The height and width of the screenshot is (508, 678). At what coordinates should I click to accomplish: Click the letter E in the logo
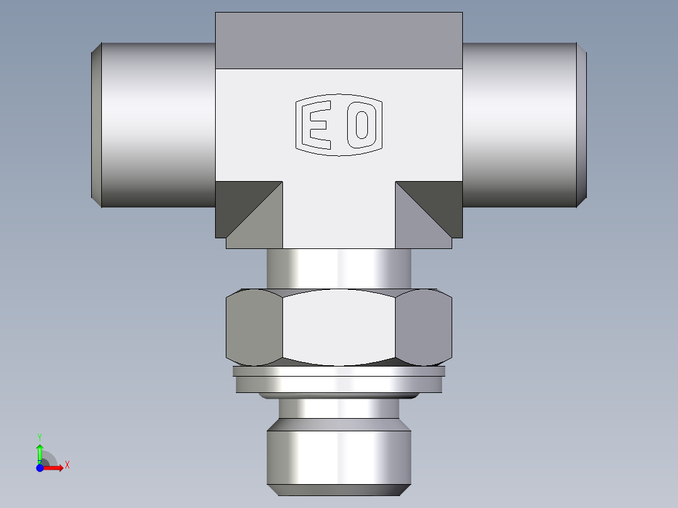click(x=316, y=124)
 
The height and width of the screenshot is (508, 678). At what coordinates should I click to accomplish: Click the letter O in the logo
click(x=362, y=124)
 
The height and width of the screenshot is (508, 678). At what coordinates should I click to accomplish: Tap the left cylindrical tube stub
click(x=157, y=124)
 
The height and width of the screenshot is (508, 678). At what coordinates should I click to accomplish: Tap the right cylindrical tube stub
click(x=519, y=124)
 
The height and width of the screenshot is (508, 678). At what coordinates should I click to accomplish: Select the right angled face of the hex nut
click(x=425, y=327)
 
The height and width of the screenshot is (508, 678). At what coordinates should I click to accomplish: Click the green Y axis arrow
click(x=40, y=451)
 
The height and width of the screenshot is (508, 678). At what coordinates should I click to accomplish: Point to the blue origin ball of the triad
click(x=40, y=468)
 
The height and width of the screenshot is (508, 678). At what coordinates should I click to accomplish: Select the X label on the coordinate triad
click(x=67, y=465)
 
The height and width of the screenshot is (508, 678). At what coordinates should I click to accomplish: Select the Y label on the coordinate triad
click(x=40, y=436)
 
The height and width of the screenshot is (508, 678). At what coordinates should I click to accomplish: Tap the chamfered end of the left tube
click(x=96, y=124)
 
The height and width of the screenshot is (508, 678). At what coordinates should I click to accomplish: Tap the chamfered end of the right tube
click(x=582, y=124)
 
